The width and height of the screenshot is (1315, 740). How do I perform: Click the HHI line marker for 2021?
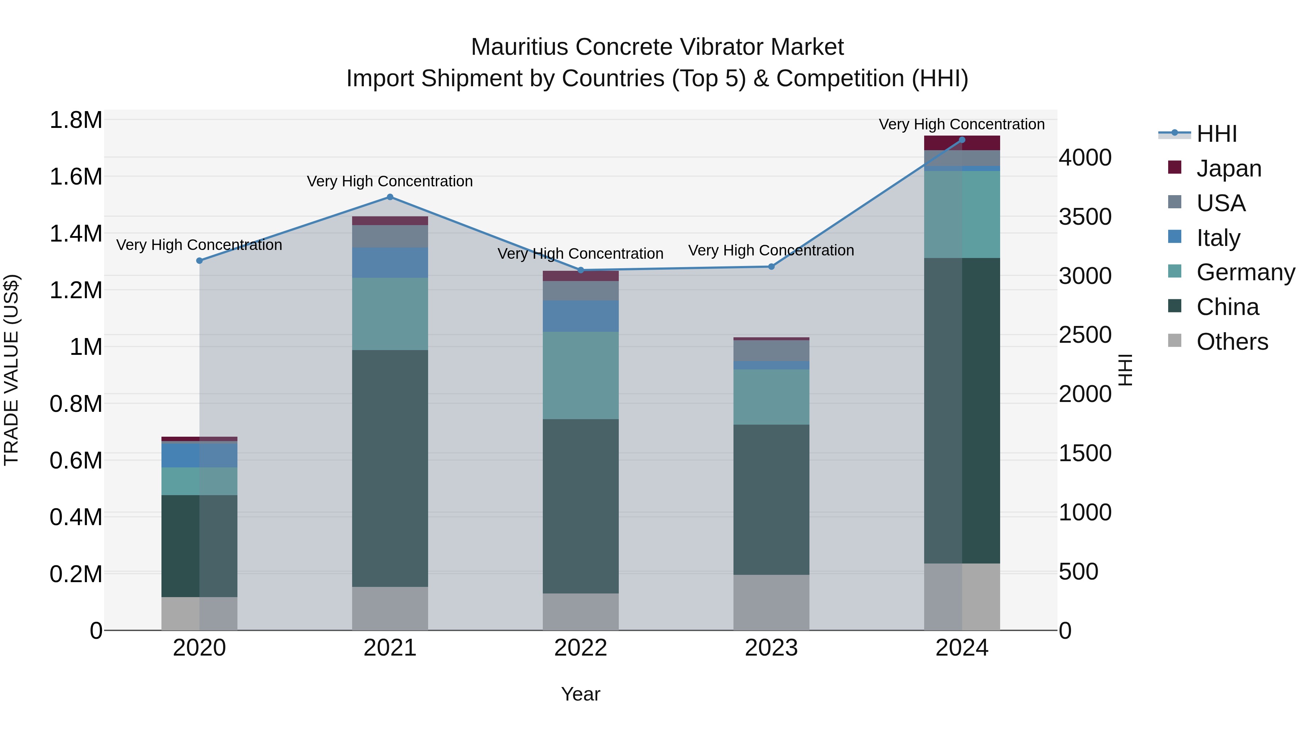[390, 197]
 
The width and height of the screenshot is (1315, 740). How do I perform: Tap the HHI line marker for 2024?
[962, 140]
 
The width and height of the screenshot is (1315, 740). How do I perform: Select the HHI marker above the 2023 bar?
[771, 267]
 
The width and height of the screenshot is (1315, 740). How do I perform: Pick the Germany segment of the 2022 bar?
[580, 375]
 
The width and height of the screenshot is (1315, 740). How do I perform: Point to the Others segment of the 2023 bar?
[771, 602]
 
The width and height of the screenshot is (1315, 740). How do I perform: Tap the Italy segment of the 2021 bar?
[390, 262]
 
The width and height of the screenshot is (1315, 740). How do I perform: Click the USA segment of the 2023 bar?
[771, 350]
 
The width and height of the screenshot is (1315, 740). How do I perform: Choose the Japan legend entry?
[1228, 168]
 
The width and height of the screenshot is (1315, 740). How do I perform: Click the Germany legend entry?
[1245, 272]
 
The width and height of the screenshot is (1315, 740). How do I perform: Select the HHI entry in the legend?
[1216, 134]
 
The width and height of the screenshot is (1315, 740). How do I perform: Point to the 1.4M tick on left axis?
[76, 234]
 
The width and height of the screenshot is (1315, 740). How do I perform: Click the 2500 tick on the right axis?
[1085, 335]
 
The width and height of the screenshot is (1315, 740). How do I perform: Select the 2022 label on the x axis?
[580, 648]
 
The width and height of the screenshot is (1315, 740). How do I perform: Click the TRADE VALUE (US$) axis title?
[11, 370]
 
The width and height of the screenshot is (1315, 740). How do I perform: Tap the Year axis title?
[580, 694]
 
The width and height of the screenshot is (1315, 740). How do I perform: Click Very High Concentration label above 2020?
[199, 245]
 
